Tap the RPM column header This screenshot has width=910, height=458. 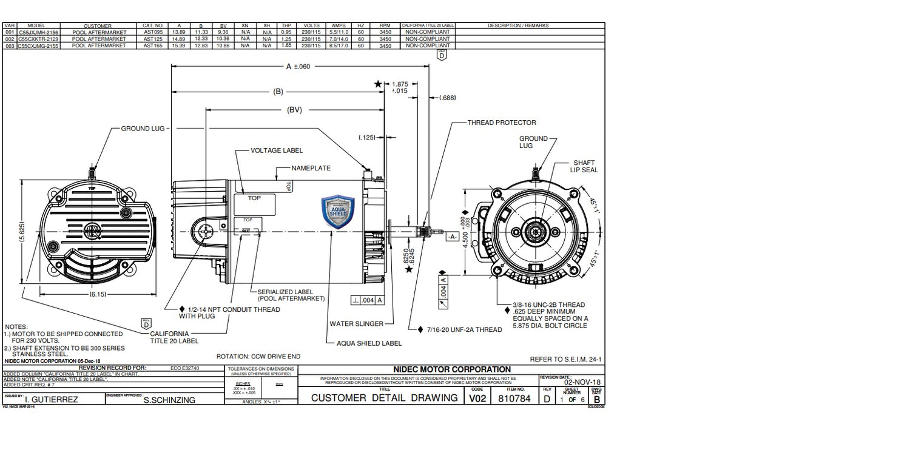[385, 25]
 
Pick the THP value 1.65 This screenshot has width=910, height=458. [286, 45]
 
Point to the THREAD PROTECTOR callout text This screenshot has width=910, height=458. [501, 123]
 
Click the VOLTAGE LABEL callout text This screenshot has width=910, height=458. [277, 150]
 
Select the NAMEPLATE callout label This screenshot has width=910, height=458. [312, 167]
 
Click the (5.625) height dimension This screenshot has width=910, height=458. [22, 233]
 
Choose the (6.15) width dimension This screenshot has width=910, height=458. [98, 294]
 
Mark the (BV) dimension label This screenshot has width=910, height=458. [294, 110]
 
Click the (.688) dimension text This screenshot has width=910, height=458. [447, 97]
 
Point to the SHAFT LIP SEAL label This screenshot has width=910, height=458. [585, 166]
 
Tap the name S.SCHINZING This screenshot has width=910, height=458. [169, 400]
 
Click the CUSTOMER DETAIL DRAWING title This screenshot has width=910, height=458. [384, 398]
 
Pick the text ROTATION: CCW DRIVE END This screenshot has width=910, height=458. [258, 357]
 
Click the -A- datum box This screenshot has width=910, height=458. [452, 237]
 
